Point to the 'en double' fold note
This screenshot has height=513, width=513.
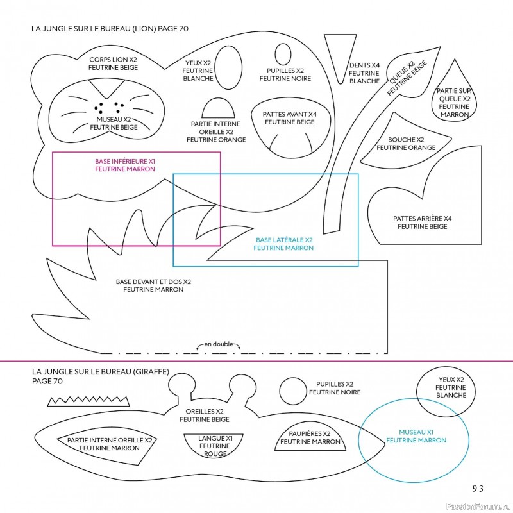(218, 344)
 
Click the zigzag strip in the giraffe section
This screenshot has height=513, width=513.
(89, 401)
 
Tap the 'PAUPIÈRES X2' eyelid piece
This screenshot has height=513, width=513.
(310, 439)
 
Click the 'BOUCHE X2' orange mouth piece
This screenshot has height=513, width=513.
(406, 144)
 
